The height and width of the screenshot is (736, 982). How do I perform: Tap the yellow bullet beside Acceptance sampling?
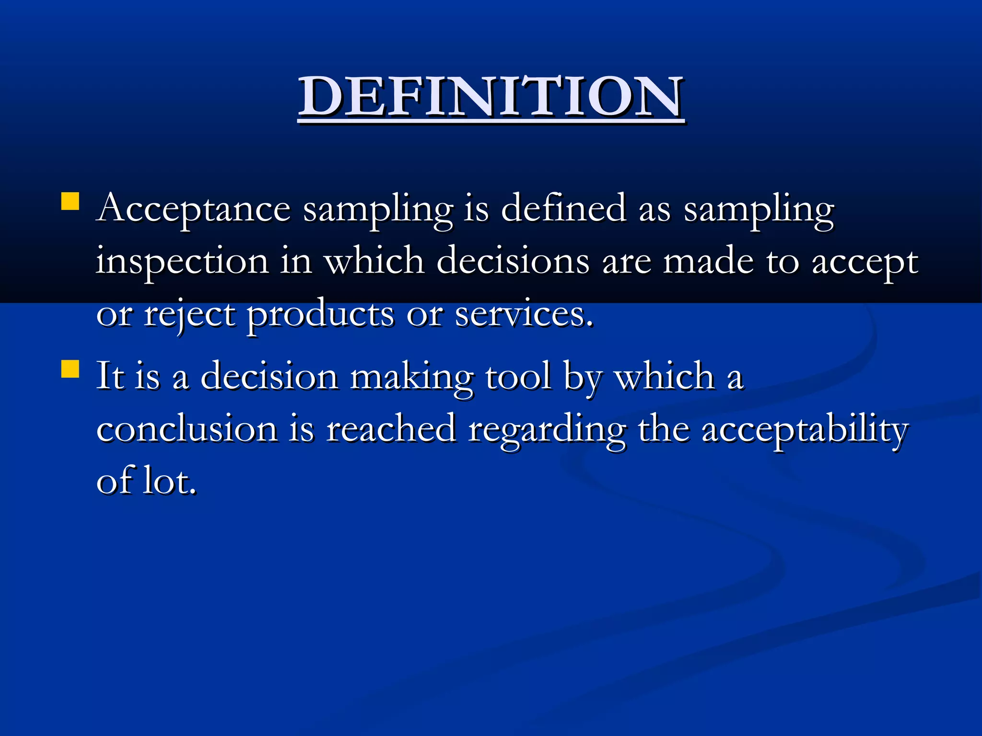tap(70, 201)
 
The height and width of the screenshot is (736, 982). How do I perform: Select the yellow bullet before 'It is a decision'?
tap(70, 369)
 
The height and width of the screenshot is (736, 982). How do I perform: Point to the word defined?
tap(563, 209)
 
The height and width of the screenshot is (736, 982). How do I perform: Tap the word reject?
tap(189, 315)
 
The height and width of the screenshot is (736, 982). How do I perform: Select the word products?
tap(320, 315)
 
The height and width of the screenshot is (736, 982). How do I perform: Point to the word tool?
tap(518, 377)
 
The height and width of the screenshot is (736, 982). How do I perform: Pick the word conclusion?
tap(187, 429)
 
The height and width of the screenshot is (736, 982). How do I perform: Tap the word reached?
tap(391, 429)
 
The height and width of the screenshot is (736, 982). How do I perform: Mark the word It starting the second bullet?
tap(110, 377)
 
